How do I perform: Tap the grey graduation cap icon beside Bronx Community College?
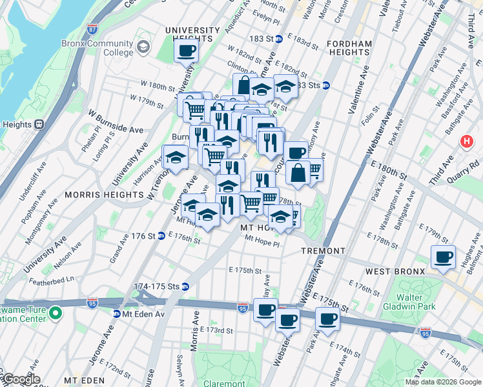coord(142,48)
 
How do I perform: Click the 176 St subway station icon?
coord(159,236)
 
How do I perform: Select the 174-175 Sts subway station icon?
coord(185,287)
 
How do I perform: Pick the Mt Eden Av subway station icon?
coord(117,314)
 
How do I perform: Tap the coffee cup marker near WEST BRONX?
coord(444,258)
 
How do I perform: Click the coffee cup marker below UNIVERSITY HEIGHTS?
coord(186,50)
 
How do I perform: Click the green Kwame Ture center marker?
coord(56,314)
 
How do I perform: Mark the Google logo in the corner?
coord(21,379)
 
